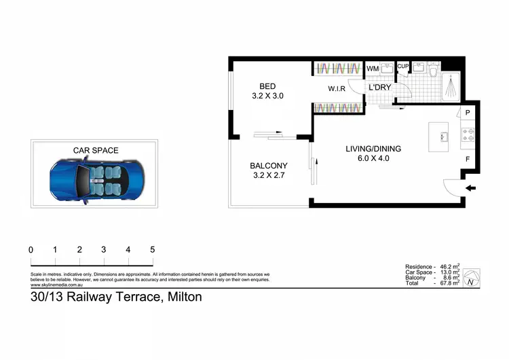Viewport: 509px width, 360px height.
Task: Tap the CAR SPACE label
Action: (x=96, y=150)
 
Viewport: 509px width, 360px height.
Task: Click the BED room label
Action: (x=267, y=86)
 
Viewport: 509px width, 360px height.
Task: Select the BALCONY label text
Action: (x=269, y=166)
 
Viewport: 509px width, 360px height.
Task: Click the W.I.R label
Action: (x=337, y=89)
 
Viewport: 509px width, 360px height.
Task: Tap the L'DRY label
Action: (x=379, y=88)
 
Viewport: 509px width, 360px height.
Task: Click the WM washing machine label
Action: (x=372, y=69)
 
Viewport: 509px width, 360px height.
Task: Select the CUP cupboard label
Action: (x=402, y=67)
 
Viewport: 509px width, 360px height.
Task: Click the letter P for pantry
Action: (x=468, y=113)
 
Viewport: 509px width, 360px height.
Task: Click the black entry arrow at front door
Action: (x=472, y=188)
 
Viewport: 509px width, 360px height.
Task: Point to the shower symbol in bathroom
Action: (x=451, y=87)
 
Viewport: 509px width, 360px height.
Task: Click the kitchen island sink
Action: (x=443, y=136)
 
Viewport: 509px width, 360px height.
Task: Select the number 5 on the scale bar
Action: (x=153, y=250)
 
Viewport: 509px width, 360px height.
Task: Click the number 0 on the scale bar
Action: (x=31, y=250)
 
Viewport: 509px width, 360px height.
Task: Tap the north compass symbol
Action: (x=472, y=276)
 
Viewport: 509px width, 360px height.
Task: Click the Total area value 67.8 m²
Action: (x=448, y=283)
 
